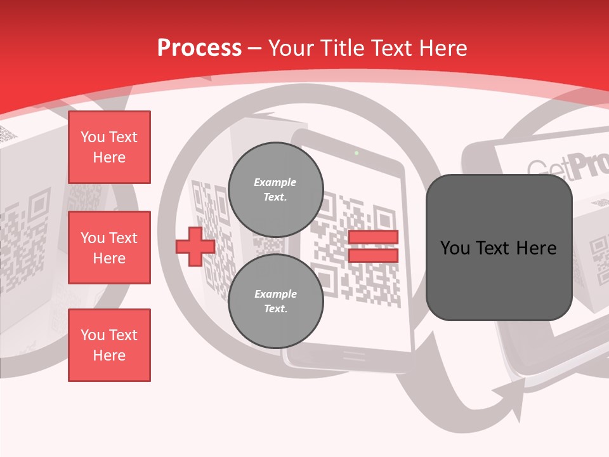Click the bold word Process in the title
[199, 48]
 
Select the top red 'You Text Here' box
[109, 147]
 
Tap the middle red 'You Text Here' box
[109, 248]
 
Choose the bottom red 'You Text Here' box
[109, 345]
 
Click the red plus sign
[195, 246]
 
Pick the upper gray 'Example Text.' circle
[275, 190]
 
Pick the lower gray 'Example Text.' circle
[275, 301]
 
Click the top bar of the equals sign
[373, 237]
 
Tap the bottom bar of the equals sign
[373, 255]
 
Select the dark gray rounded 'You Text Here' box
[499, 248]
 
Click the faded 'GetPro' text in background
[565, 168]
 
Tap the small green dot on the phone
[357, 153]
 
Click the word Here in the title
[442, 48]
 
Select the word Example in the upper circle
[275, 182]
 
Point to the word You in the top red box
[93, 137]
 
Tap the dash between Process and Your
[254, 48]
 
